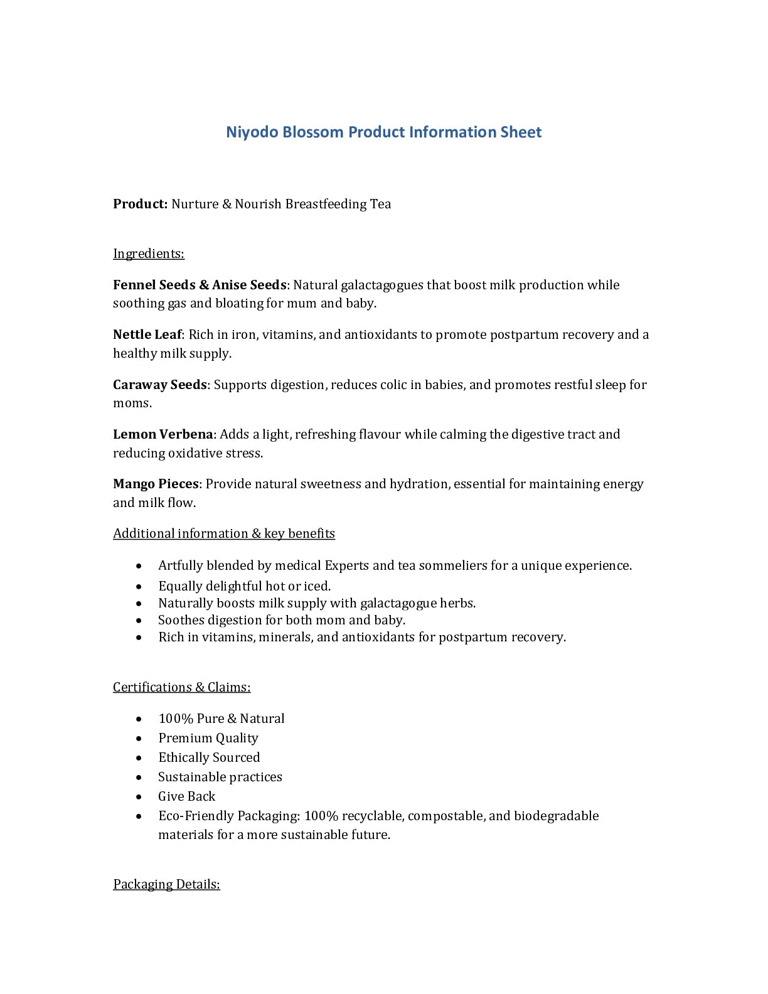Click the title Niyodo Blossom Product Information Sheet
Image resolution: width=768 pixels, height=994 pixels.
pos(383,132)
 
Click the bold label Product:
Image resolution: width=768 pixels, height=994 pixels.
pos(140,204)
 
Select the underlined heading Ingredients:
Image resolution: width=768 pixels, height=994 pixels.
pos(149,254)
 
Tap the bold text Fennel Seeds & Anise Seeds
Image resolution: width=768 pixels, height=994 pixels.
pos(200,285)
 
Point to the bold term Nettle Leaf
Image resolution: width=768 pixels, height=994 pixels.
pos(147,334)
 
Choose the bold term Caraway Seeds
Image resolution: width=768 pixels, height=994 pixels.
pos(160,385)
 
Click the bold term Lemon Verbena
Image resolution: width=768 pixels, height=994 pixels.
pos(163,434)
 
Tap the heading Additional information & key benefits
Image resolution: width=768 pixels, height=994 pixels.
pos(224,533)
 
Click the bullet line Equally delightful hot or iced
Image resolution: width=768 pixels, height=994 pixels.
pos(244,586)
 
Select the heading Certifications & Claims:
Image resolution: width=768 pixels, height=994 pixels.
pos(181,687)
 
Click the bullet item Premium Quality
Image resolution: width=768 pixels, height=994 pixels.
pos(208,738)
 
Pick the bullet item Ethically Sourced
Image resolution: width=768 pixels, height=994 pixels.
pos(209,757)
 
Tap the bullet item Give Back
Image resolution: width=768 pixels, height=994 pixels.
pos(186,796)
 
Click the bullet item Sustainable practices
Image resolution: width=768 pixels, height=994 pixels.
pos(220,777)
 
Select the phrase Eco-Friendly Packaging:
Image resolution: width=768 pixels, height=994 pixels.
pos(229,816)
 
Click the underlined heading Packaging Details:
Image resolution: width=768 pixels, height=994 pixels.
pos(166,884)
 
